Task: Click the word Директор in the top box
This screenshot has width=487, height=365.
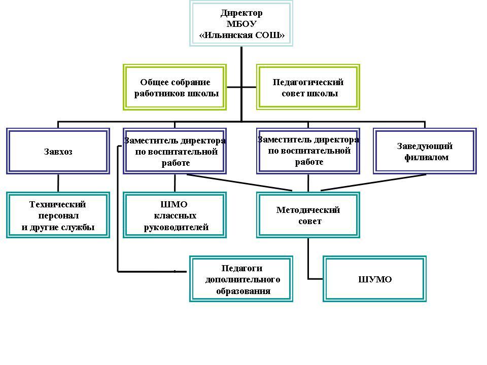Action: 241,13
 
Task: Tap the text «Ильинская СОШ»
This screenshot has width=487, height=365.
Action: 241,35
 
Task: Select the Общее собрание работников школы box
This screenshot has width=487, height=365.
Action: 175,87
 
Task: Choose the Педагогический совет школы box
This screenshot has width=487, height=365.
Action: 308,87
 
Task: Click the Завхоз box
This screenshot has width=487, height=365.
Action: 58,151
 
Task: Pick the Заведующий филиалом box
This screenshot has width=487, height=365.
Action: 425,151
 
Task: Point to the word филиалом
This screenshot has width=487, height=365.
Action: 426,157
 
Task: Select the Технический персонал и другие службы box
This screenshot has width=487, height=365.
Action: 58,215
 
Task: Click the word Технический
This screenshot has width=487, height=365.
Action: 58,204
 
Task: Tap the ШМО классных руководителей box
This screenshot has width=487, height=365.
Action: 175,215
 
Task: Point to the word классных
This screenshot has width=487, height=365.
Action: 175,216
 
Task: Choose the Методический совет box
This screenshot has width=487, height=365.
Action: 308,215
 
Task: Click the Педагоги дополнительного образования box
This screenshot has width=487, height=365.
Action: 241,279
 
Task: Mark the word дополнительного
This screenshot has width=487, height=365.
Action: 242,279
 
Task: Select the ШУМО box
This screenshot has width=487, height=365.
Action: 375,279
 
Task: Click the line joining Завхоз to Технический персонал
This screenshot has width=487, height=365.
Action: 58,183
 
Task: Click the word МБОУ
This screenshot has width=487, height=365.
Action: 241,24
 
